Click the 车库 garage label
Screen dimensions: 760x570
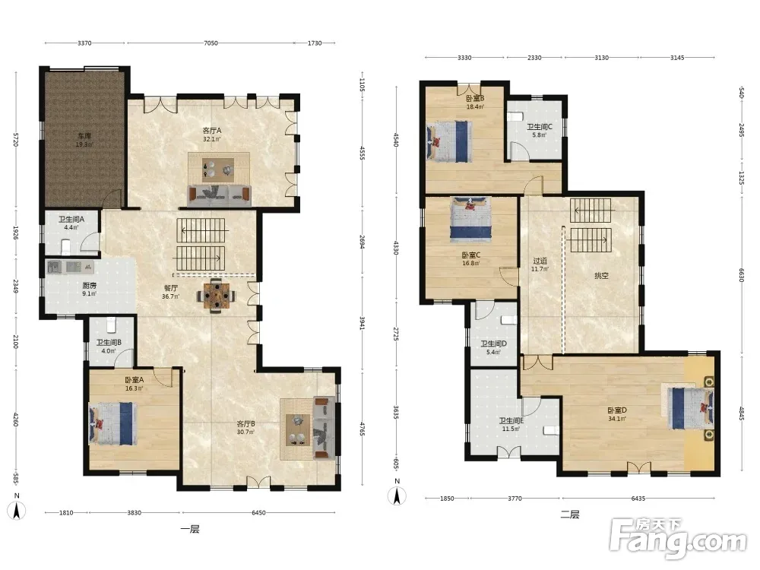click(x=84, y=136)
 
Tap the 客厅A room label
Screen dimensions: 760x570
click(x=212, y=131)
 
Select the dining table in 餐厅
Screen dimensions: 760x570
click(x=216, y=295)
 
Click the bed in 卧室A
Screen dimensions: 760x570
click(x=112, y=423)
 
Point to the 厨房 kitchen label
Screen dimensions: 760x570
click(x=90, y=286)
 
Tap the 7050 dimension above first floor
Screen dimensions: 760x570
click(x=211, y=43)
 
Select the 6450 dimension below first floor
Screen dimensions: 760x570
click(x=258, y=512)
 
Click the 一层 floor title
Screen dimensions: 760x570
click(x=189, y=529)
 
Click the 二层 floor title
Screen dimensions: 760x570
click(x=570, y=515)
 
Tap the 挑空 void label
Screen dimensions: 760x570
click(x=601, y=276)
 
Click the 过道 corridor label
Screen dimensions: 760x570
click(x=540, y=261)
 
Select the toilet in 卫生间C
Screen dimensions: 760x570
click(x=515, y=117)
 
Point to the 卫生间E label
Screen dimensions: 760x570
click(x=511, y=421)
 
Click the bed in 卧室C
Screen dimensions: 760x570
click(x=470, y=219)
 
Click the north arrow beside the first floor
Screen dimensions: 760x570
click(x=17, y=511)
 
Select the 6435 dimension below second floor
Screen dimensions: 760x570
click(x=638, y=499)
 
